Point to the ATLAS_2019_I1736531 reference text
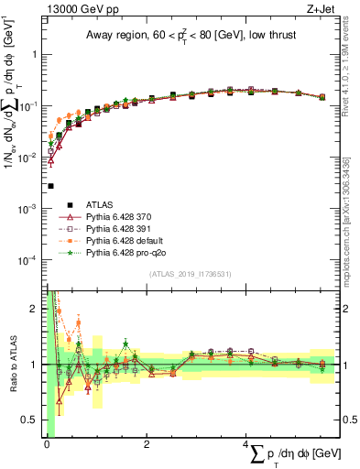coord(191,274)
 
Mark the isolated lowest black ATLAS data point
coord(50,186)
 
